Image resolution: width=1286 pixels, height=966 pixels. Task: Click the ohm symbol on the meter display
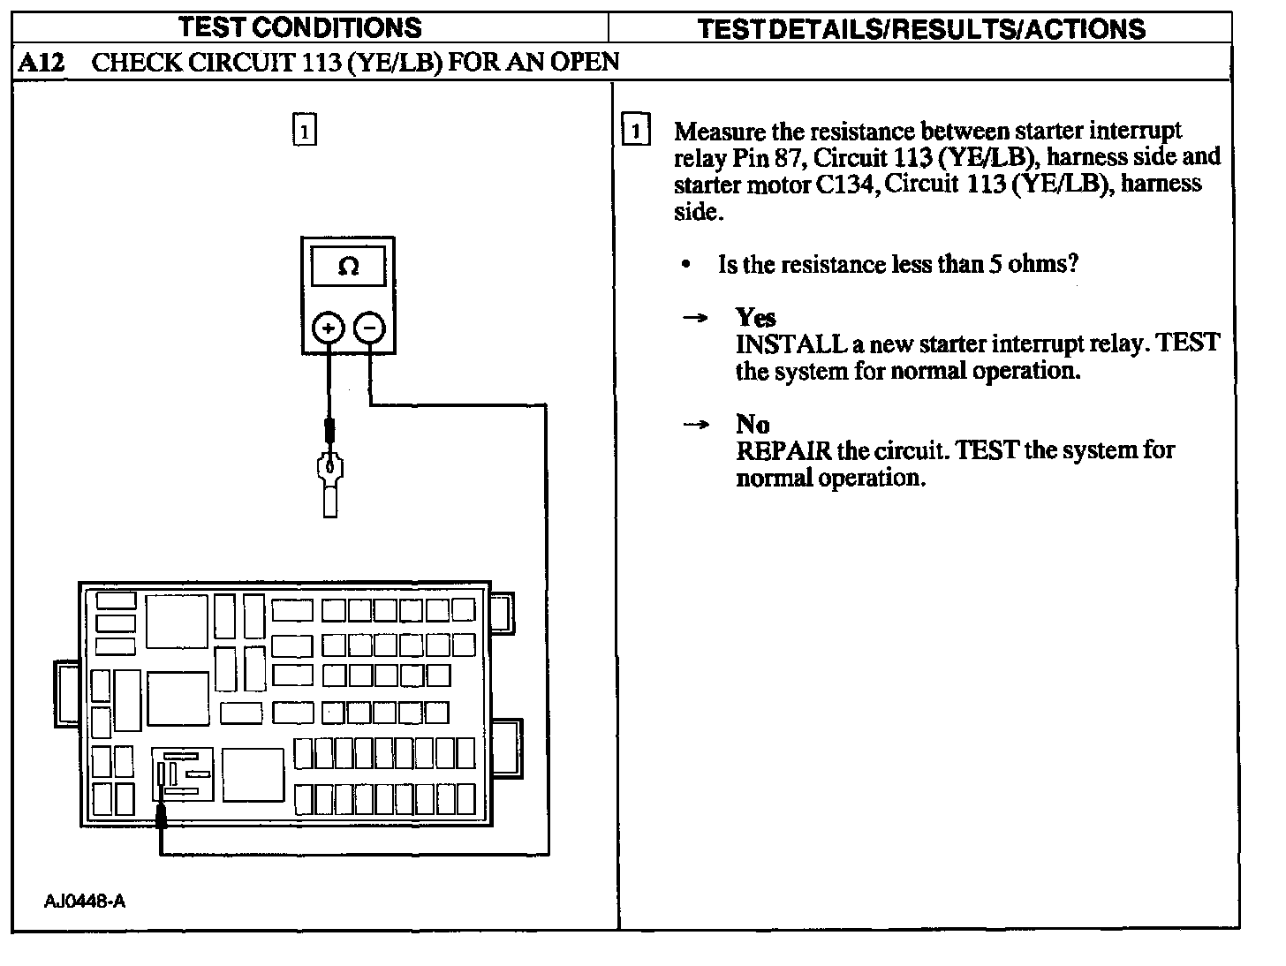(x=348, y=267)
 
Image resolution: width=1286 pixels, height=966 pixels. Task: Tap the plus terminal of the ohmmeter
(x=328, y=328)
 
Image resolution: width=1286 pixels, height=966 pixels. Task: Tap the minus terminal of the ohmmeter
(x=369, y=328)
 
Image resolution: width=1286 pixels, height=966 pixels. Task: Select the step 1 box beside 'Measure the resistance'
(x=635, y=131)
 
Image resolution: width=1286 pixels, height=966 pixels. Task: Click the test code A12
(x=40, y=62)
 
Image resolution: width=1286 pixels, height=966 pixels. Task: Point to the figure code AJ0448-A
(x=84, y=902)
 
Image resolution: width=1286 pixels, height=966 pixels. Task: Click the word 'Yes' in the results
(x=755, y=317)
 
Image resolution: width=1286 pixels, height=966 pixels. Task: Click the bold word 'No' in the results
(x=753, y=424)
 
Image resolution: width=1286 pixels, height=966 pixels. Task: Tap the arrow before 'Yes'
(x=696, y=318)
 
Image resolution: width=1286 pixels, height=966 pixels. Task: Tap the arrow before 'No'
(x=696, y=425)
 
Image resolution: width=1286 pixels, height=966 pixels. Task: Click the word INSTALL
(x=791, y=343)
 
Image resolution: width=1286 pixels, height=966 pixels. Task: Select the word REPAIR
(x=783, y=451)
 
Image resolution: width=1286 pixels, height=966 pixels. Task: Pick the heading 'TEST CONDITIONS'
(x=300, y=27)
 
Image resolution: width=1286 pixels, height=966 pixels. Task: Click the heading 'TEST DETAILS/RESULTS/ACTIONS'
(x=921, y=28)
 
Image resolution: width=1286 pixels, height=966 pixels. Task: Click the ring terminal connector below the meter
(x=330, y=481)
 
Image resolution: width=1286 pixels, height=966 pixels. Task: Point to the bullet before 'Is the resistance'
(x=686, y=265)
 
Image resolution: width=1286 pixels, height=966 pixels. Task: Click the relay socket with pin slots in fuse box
(x=183, y=774)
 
